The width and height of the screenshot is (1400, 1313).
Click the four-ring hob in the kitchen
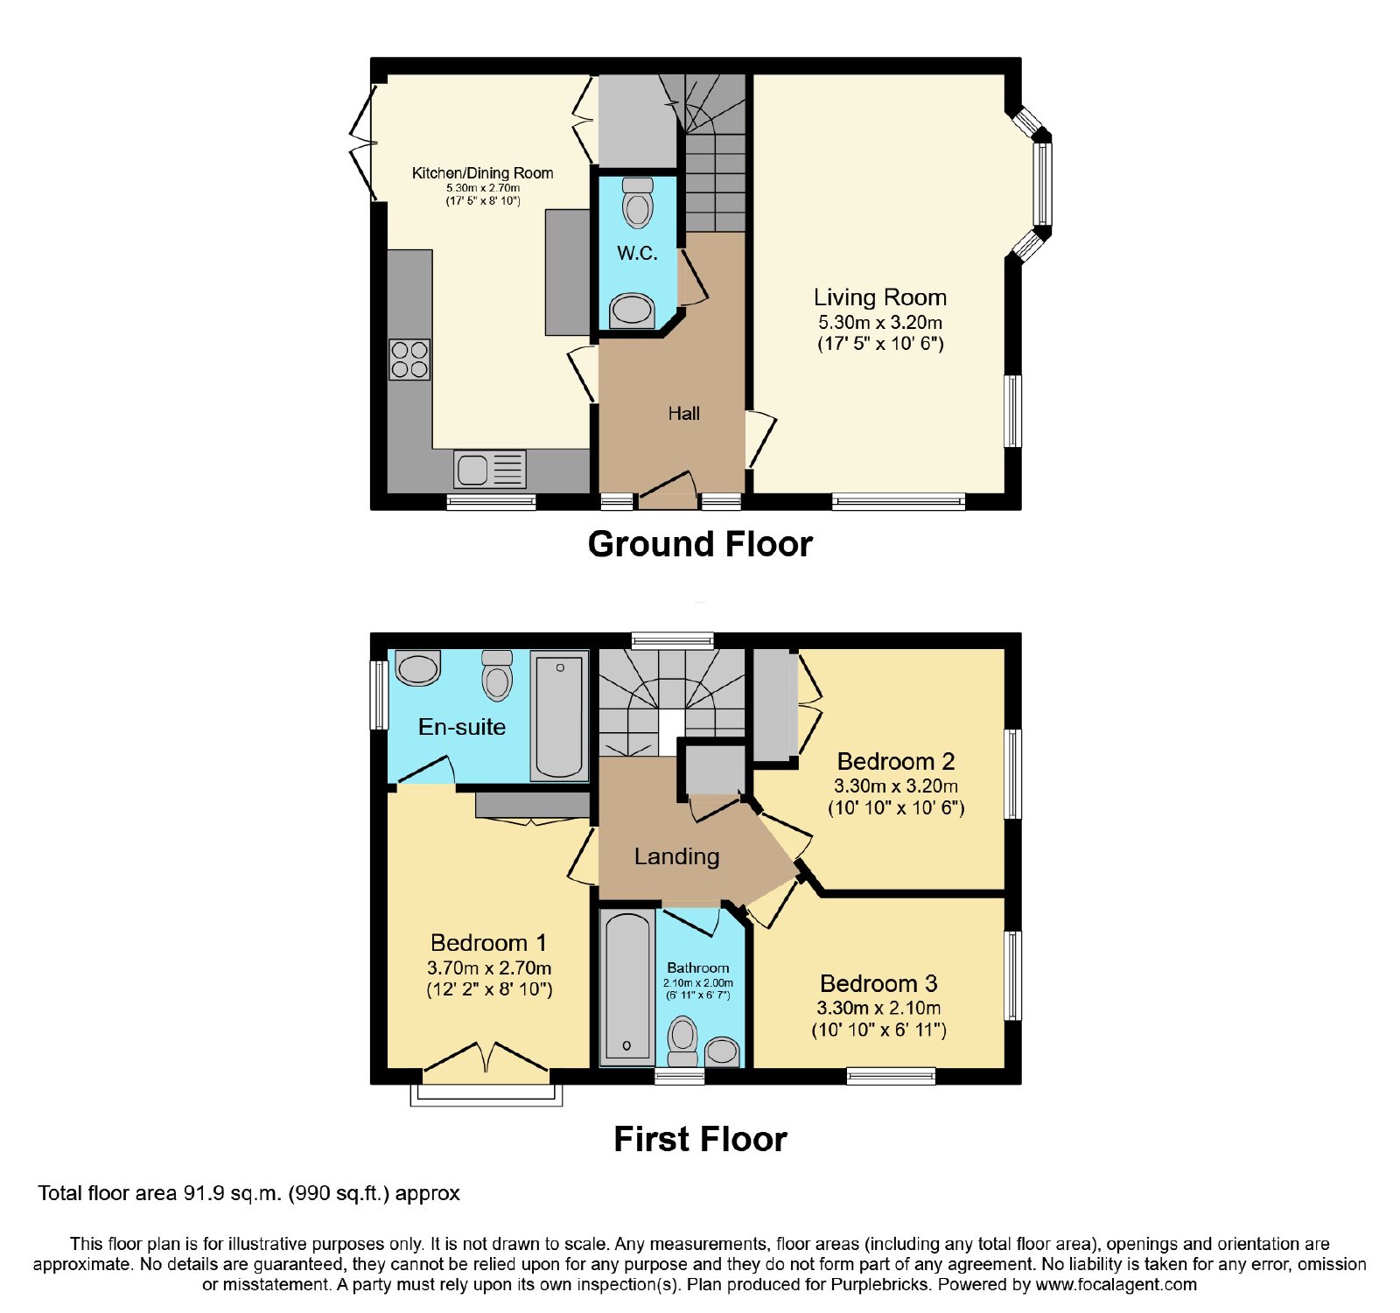click(x=409, y=360)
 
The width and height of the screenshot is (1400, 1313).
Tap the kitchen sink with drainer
click(x=490, y=469)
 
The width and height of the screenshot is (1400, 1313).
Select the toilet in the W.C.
click(x=638, y=203)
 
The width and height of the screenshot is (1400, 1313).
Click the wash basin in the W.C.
click(x=632, y=311)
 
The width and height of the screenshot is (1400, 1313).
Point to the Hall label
click(x=684, y=414)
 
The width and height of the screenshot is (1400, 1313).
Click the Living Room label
click(x=880, y=297)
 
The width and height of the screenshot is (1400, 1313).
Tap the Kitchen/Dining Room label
click(x=483, y=173)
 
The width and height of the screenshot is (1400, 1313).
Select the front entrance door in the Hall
click(x=668, y=491)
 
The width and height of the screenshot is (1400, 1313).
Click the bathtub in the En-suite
click(x=559, y=716)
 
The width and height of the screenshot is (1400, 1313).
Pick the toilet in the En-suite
click(x=497, y=675)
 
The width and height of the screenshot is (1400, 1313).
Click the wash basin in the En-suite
click(x=418, y=668)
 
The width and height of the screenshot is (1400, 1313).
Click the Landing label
click(x=677, y=856)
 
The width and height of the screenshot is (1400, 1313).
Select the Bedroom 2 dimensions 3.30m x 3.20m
click(x=896, y=786)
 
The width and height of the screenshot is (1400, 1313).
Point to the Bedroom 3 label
click(x=878, y=983)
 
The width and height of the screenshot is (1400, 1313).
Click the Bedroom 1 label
click(x=489, y=943)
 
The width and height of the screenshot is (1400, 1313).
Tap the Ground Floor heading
click(x=700, y=544)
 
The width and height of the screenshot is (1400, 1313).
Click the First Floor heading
click(x=700, y=1139)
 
